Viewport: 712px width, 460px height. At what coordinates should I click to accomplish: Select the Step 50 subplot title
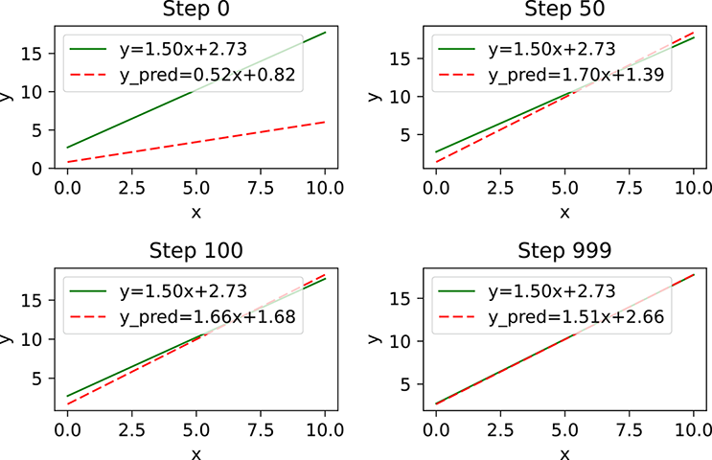(x=564, y=12)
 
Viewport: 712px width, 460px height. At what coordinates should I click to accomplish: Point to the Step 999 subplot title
(x=564, y=251)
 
